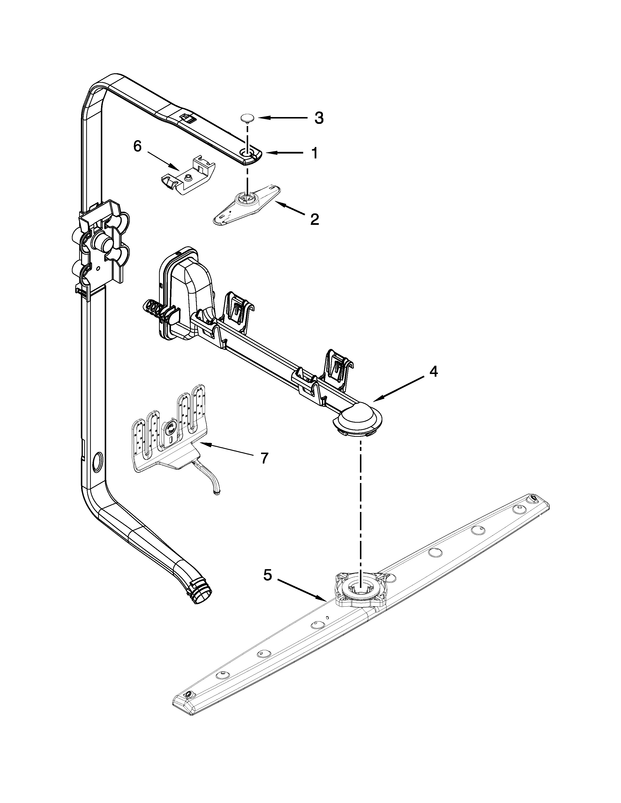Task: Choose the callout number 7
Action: pyautogui.click(x=264, y=458)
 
